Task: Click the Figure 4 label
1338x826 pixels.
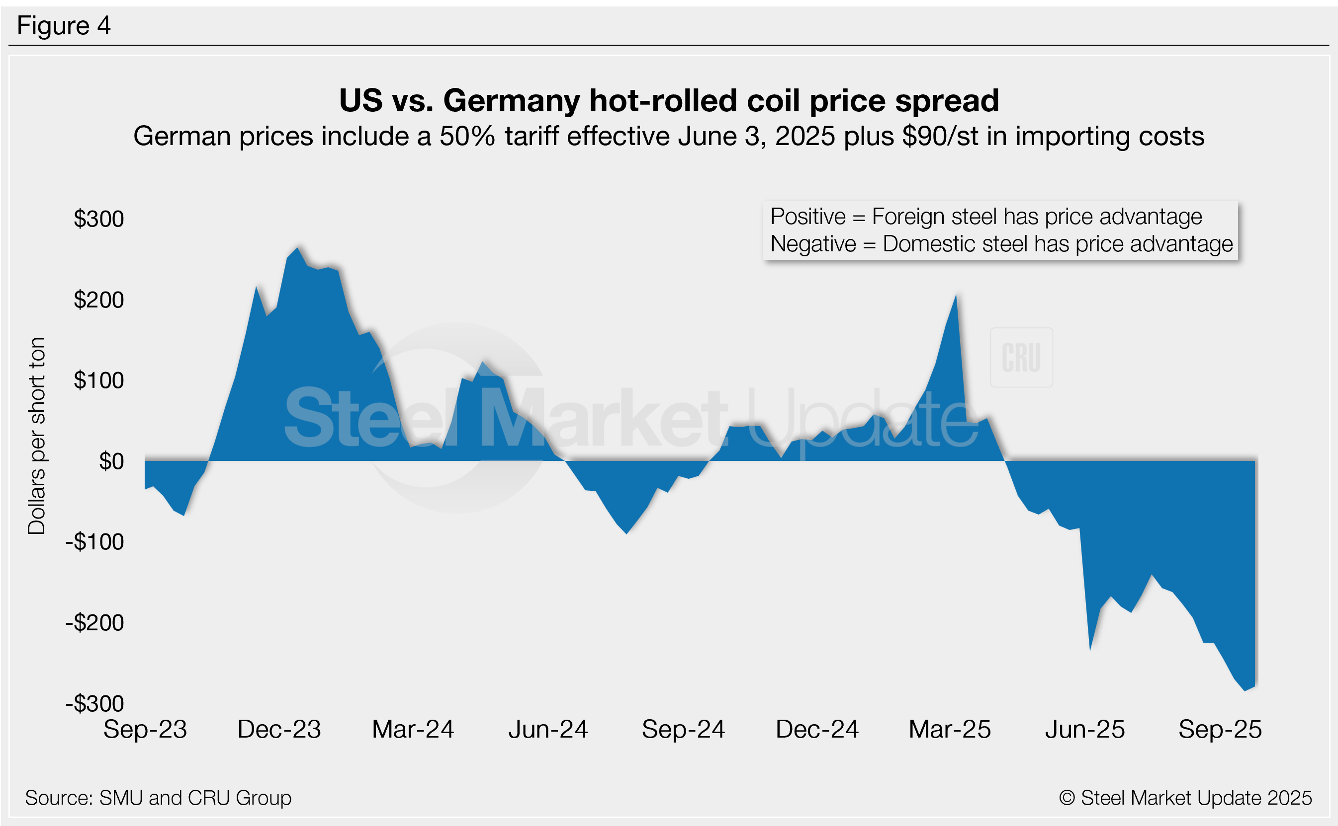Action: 64,26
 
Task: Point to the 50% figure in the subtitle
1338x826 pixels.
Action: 467,136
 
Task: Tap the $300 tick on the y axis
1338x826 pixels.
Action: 98,219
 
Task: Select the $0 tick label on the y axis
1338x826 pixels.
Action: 111,461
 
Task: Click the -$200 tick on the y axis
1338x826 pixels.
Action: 94,623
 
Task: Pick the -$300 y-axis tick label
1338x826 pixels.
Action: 94,704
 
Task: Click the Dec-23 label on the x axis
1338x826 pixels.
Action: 279,730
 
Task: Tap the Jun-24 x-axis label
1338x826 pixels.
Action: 548,730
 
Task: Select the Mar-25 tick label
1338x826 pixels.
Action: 950,730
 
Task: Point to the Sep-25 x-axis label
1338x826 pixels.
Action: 1220,730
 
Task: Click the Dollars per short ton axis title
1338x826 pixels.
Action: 37,436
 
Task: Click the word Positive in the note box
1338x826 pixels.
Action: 807,217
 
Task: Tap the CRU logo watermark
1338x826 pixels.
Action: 1021,358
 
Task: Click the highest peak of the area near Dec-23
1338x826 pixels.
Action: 297,248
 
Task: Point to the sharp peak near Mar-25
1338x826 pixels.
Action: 956,296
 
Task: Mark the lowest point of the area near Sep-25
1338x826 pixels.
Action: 1245,690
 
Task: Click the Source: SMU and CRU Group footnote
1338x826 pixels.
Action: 158,798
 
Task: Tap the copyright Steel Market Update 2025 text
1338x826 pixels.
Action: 1185,798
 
